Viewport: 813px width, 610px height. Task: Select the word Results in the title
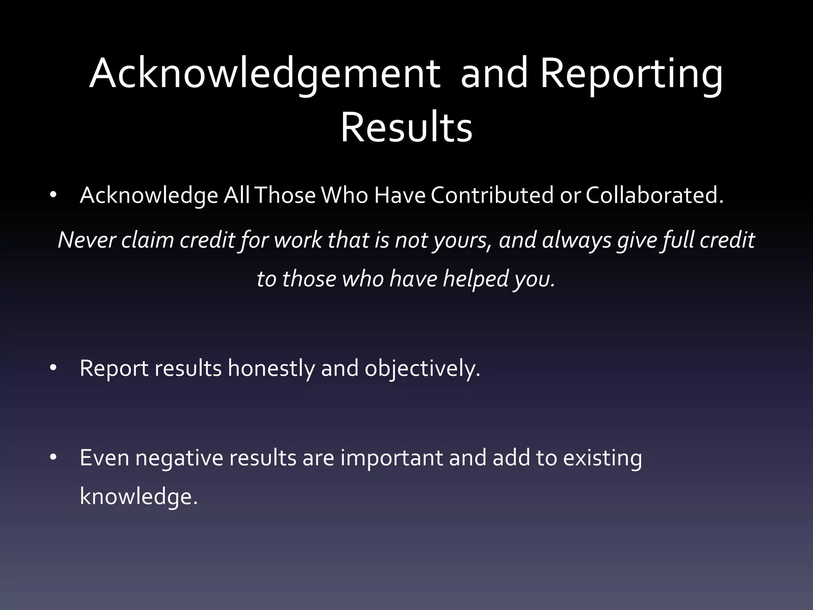406,128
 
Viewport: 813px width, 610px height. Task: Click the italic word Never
87,240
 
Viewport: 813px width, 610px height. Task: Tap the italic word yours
461,241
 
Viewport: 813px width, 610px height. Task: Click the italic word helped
476,279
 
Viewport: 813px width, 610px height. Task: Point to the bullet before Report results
54,368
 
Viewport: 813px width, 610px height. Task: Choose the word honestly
271,369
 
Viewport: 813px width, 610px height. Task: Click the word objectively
422,369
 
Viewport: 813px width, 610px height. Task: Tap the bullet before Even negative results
54,458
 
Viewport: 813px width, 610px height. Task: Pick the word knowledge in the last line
139,497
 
